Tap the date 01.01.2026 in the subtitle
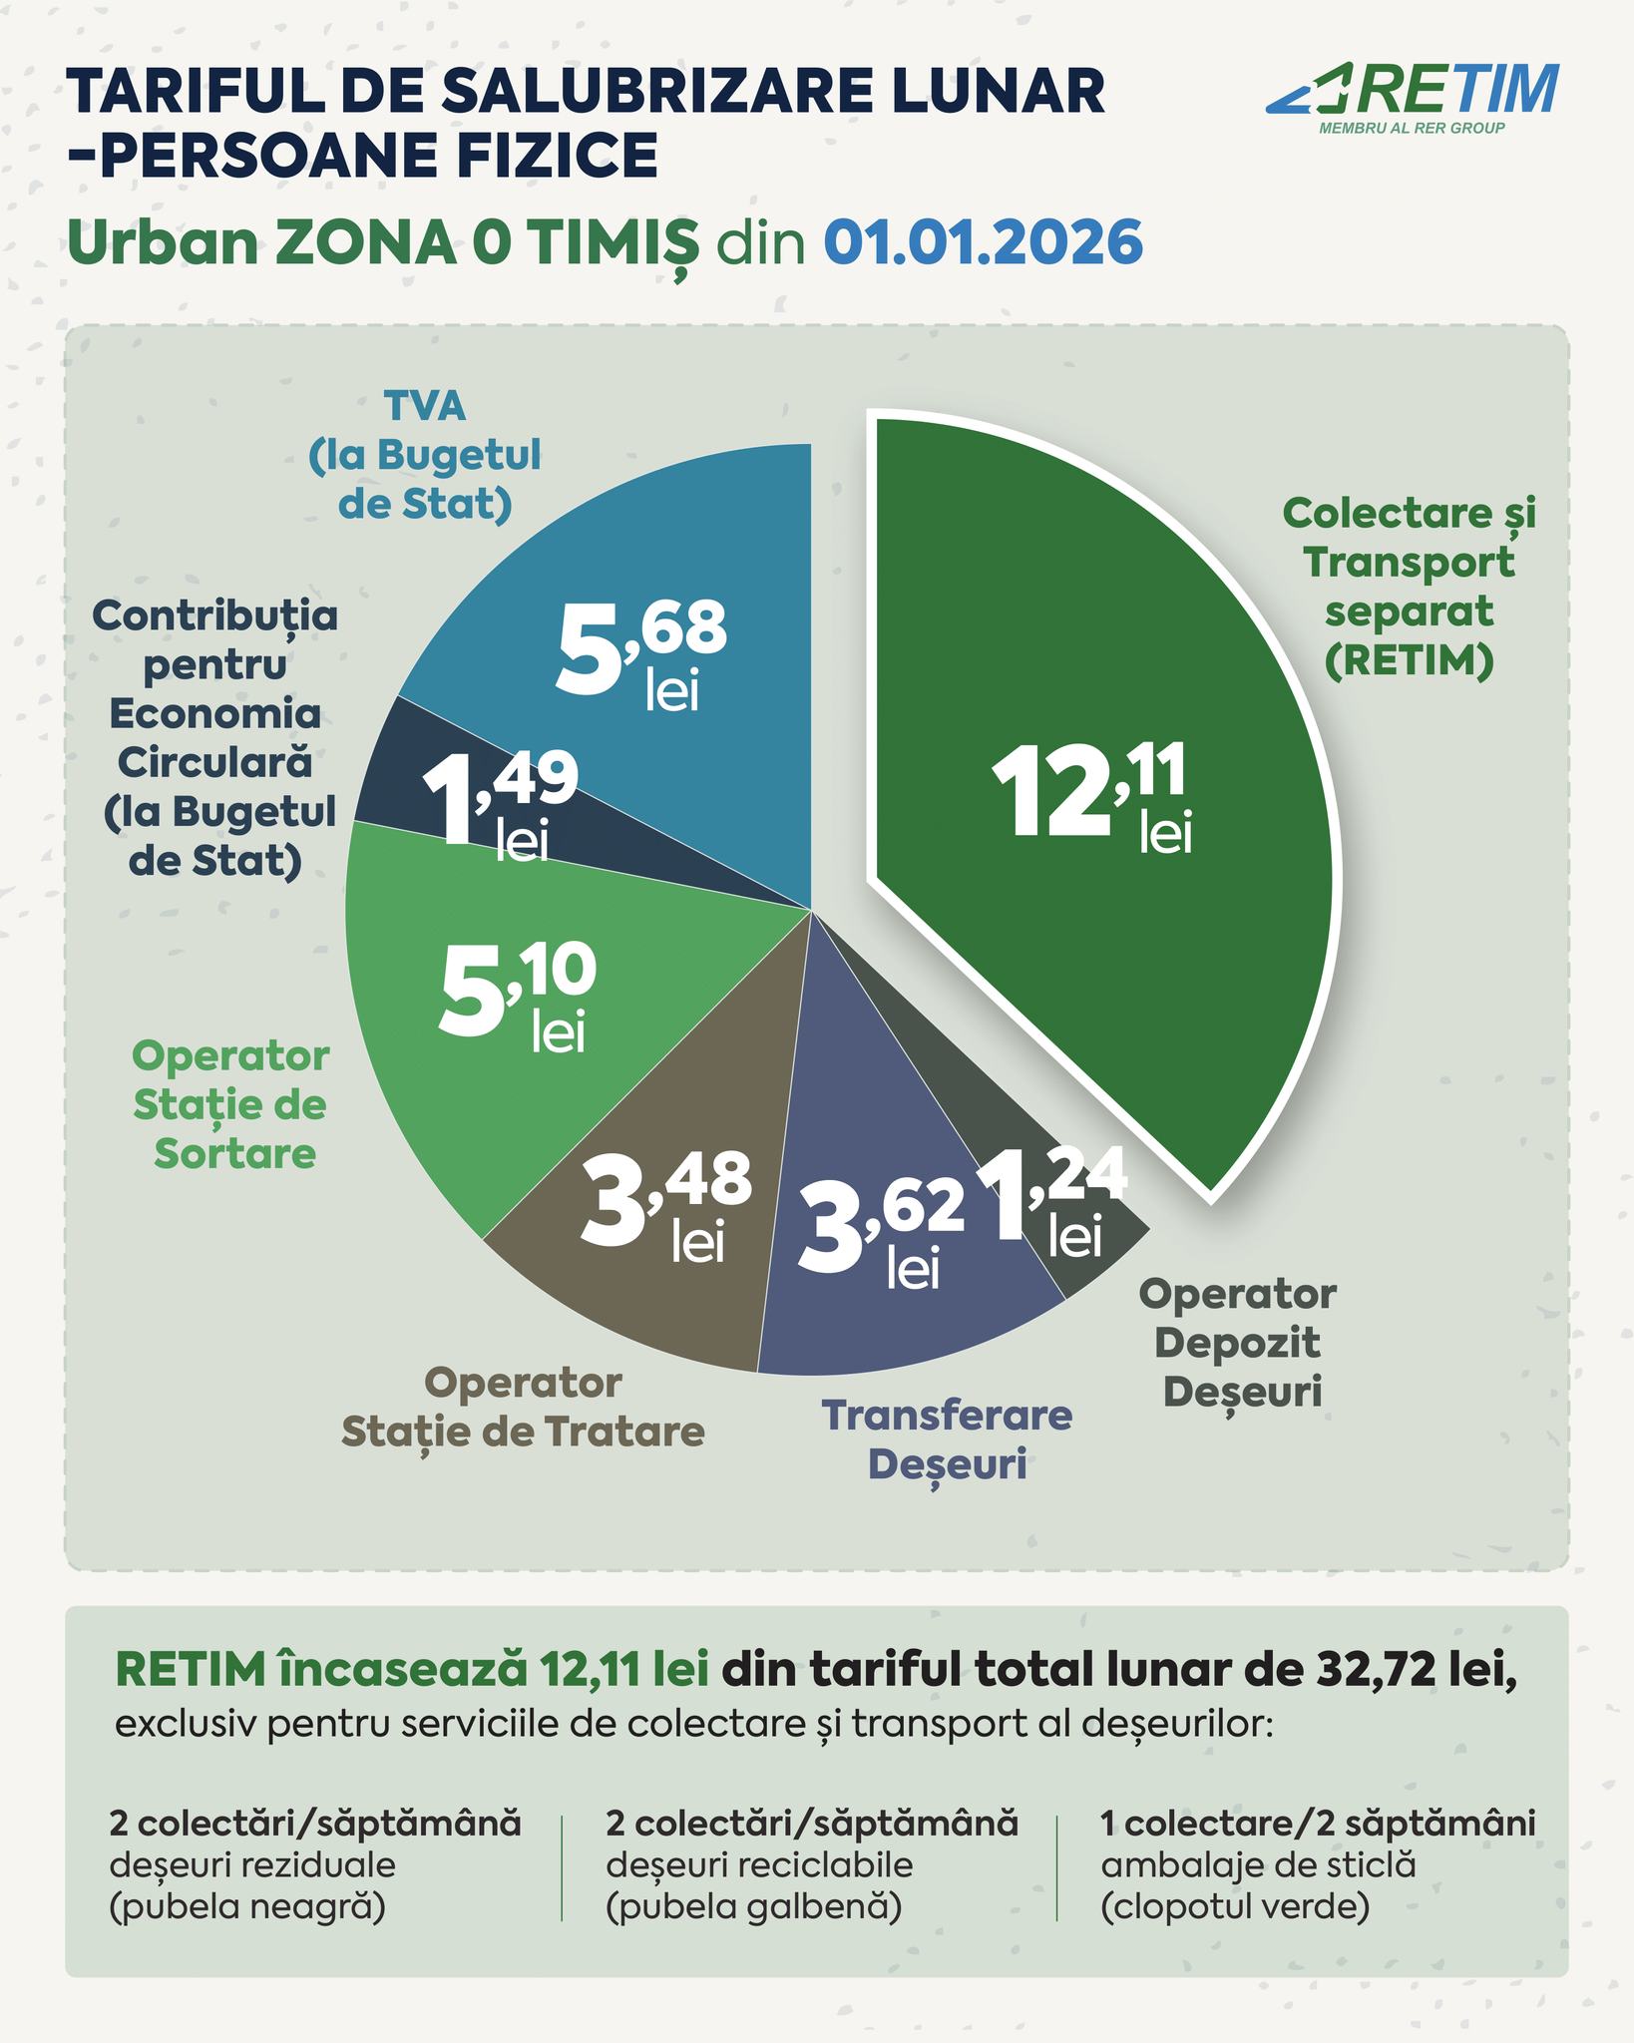983,242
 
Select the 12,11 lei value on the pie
1092,799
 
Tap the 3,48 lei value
666,1208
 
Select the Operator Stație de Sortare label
231,1104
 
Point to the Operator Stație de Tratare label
523,1408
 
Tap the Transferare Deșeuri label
946,1439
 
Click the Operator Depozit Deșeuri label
1237,1342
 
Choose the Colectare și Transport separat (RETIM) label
1409,587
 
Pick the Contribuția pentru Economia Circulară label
216,738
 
